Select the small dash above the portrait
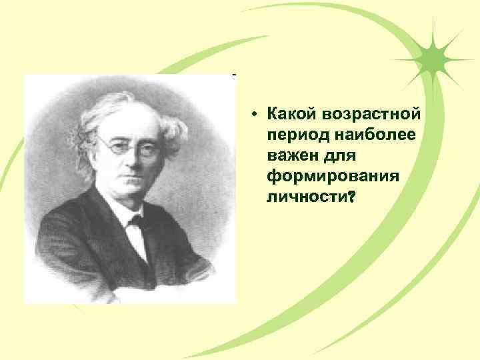[x=233, y=75]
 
